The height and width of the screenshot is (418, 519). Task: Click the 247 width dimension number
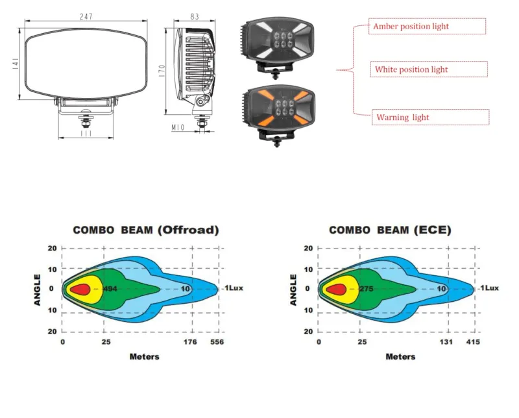[x=86, y=16]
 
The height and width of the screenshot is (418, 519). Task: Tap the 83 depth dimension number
[x=195, y=17]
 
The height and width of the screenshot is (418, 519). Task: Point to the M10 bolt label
[x=178, y=127]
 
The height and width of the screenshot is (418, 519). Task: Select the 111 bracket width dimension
[x=86, y=133]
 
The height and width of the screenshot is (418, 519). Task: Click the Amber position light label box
[x=428, y=26]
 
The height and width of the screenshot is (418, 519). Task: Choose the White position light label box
[x=429, y=69]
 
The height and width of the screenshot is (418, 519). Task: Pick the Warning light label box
[x=431, y=117]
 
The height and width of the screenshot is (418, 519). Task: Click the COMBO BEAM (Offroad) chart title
[x=146, y=230]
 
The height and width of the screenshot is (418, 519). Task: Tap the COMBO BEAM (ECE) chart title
[x=391, y=230]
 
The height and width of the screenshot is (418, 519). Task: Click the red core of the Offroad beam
[x=80, y=289]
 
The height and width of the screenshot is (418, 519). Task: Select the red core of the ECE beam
[x=336, y=289]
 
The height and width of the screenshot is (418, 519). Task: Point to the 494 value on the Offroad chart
[x=110, y=289]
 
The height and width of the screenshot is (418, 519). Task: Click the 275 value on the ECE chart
[x=367, y=289]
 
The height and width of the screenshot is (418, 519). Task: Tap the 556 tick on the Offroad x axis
[x=217, y=342]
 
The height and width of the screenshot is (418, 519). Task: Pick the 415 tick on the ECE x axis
[x=473, y=342]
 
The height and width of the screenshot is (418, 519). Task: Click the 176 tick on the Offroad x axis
[x=190, y=342]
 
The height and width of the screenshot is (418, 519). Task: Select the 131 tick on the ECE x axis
[x=446, y=342]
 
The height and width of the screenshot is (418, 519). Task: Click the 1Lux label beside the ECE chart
[x=490, y=288]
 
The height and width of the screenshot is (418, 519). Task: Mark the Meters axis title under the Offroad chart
[x=144, y=357]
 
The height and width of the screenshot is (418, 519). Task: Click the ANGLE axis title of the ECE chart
[x=293, y=290]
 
